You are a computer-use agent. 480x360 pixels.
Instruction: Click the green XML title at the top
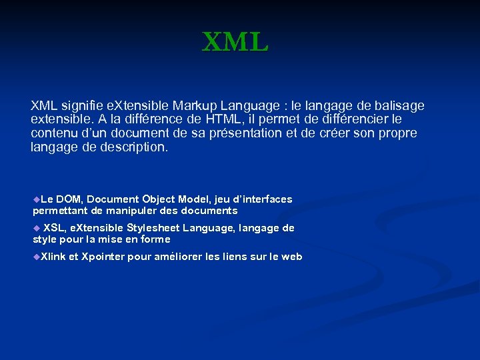[x=235, y=43]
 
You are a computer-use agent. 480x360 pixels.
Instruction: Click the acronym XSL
[x=54, y=228]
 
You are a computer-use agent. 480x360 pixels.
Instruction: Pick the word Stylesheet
[x=154, y=228]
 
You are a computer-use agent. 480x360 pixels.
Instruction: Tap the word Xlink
[x=53, y=257]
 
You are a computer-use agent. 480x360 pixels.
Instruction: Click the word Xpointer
[x=102, y=257]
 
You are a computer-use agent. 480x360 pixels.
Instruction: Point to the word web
[x=292, y=257]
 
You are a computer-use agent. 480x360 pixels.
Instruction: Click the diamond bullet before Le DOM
[x=36, y=199]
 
